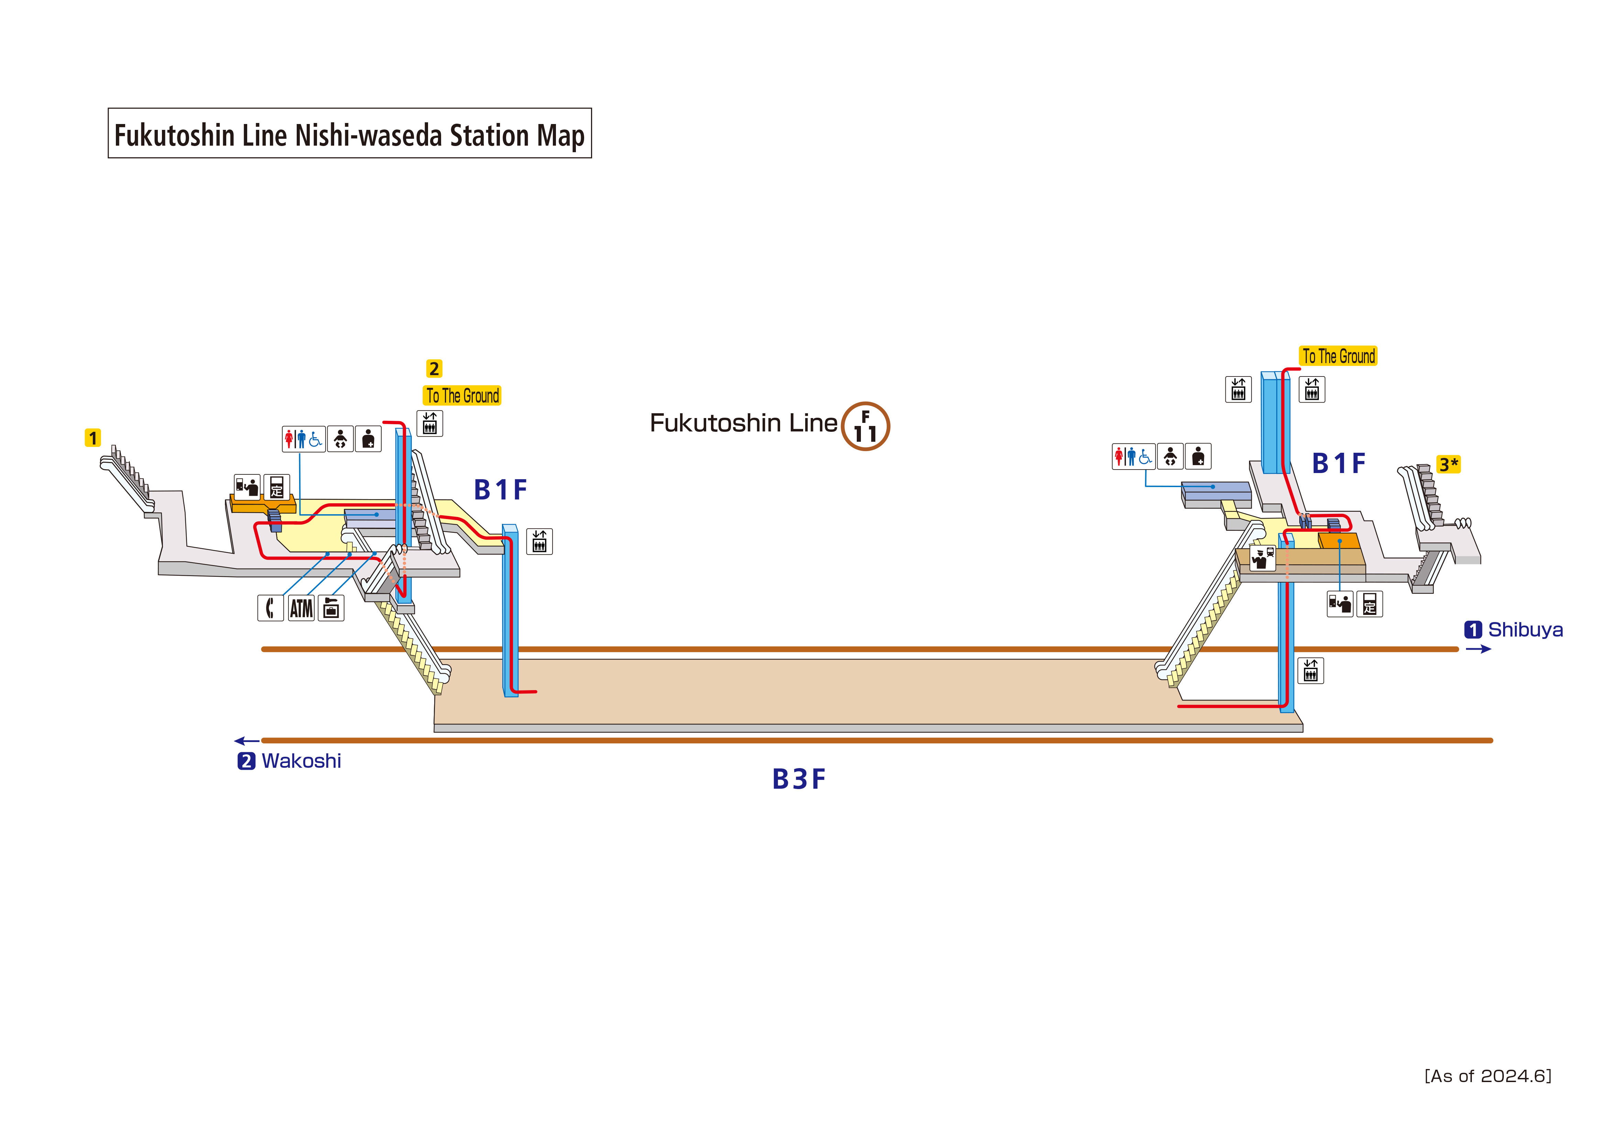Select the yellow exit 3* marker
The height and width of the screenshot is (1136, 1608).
[1448, 464]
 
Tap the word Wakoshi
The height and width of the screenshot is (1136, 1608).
[301, 761]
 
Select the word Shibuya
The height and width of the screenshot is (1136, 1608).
[1525, 630]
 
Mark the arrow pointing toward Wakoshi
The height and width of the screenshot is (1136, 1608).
[247, 741]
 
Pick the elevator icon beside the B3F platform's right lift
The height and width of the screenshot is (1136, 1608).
[1310, 671]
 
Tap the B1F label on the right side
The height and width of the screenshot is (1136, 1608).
[1338, 463]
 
